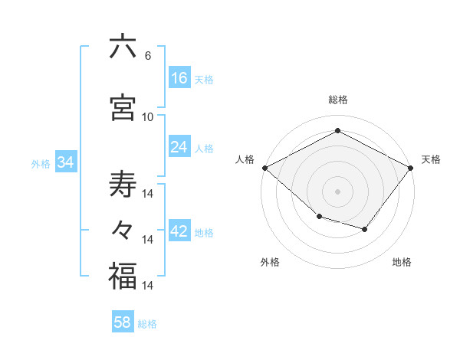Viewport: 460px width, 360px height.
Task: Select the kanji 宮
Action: click(x=123, y=106)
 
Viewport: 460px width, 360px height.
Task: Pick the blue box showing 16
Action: click(x=179, y=77)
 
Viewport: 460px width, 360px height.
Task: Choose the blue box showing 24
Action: click(x=179, y=146)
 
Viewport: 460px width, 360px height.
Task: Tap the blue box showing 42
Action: click(x=179, y=231)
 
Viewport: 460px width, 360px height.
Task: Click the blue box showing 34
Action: click(x=66, y=162)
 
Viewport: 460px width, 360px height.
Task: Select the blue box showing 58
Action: click(x=123, y=322)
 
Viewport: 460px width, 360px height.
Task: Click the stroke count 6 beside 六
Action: click(x=147, y=55)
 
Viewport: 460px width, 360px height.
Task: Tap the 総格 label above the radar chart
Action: click(x=337, y=100)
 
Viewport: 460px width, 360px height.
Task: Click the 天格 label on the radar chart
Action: click(x=431, y=159)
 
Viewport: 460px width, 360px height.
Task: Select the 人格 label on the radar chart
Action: click(x=245, y=159)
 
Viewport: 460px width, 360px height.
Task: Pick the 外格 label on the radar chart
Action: click(x=270, y=262)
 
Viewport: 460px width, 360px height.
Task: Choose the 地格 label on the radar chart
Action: click(x=402, y=262)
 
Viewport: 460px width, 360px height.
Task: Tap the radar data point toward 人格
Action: click(x=264, y=168)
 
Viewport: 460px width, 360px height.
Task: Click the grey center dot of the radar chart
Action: click(x=337, y=191)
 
